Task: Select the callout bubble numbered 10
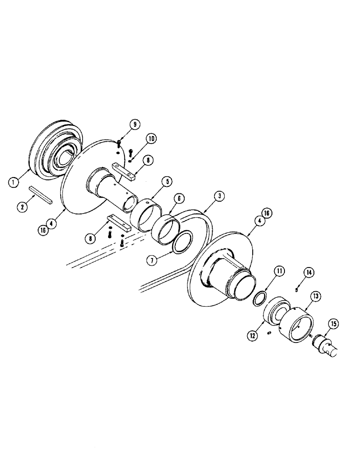pyautogui.click(x=152, y=138)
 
